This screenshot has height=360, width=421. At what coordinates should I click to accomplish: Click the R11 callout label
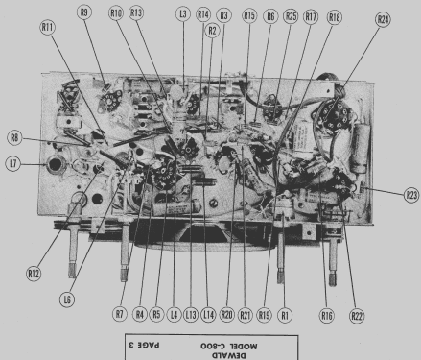tap(48, 28)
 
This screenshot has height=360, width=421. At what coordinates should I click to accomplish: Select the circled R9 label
tap(84, 12)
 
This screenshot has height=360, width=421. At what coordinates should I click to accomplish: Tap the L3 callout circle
tap(183, 14)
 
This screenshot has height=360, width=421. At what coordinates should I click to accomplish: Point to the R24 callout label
tap(383, 20)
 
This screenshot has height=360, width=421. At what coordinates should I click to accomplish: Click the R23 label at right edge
tap(411, 195)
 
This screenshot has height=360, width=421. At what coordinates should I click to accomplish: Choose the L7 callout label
tap(13, 164)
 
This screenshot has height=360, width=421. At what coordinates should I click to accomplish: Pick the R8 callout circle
tap(14, 138)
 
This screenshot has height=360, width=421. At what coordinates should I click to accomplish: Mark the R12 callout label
tap(34, 274)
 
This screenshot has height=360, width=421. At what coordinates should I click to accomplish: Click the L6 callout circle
tap(67, 300)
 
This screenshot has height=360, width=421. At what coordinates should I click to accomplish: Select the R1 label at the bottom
tap(285, 315)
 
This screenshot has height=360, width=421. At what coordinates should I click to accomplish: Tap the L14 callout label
tap(208, 315)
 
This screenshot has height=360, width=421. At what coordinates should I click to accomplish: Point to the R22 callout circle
tap(357, 316)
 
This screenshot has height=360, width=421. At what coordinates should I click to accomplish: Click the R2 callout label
tap(212, 31)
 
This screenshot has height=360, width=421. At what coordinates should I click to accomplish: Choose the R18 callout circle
tap(335, 17)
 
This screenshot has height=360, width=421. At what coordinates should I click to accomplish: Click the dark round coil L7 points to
tap(56, 164)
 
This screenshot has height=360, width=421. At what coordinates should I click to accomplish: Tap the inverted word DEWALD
tap(229, 356)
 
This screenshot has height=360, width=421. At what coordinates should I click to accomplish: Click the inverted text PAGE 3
tap(144, 346)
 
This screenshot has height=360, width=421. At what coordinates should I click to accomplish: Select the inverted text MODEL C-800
tap(229, 346)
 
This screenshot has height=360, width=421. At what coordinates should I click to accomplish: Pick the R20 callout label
tap(226, 315)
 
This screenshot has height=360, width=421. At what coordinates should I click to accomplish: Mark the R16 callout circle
tap(326, 316)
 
